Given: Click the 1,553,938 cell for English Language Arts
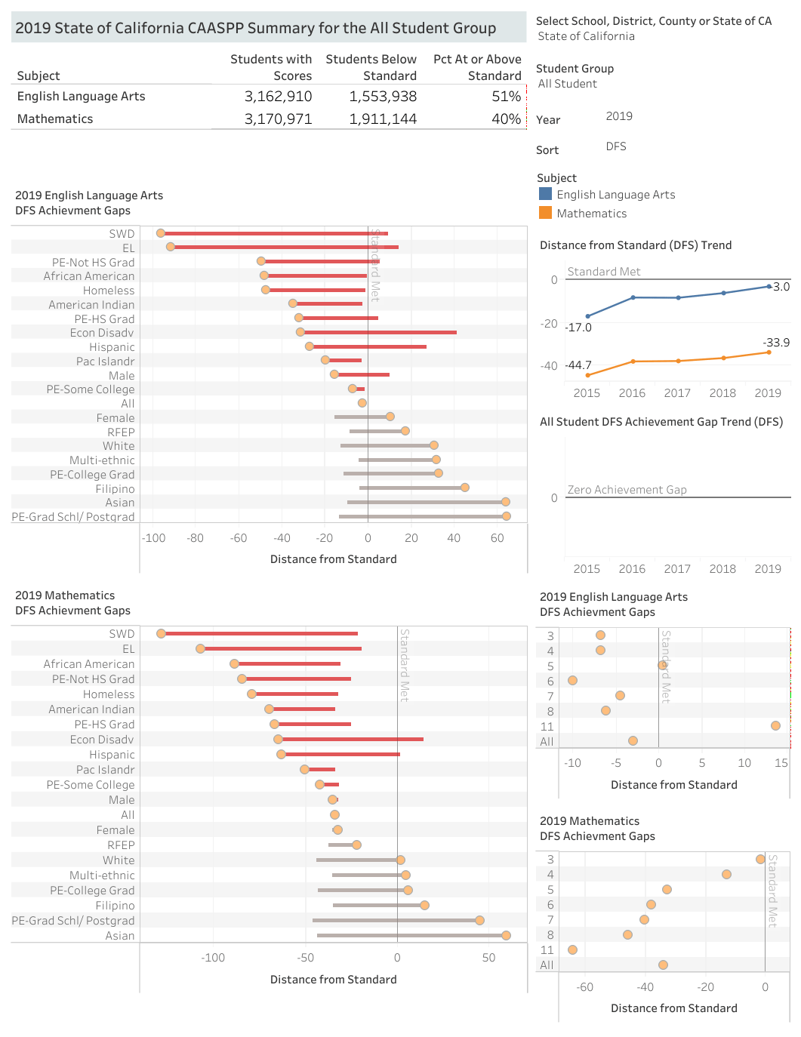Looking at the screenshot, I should [x=383, y=97].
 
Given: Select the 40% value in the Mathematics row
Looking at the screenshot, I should [x=506, y=119].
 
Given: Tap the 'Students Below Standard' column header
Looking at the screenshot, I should [x=371, y=67].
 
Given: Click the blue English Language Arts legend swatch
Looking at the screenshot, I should [x=545, y=194].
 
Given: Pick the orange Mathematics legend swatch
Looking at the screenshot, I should [x=545, y=213].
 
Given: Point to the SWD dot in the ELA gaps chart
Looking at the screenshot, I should [x=161, y=233].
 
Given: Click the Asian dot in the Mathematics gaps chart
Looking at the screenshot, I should [x=506, y=935].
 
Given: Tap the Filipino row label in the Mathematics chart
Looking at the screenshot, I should [x=115, y=906].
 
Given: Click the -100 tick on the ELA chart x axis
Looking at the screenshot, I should [x=153, y=538].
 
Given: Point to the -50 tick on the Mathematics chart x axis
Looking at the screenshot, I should [x=305, y=958].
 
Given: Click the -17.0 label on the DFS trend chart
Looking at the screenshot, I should [x=579, y=328].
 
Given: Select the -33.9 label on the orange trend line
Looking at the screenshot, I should [x=776, y=343].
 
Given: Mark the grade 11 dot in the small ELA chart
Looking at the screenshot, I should [x=775, y=725].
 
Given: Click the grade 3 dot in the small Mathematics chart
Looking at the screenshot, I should [x=760, y=859].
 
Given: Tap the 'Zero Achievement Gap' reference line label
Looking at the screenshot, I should [x=627, y=490].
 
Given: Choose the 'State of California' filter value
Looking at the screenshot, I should [x=586, y=36].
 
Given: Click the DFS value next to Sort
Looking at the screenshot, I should [x=616, y=146].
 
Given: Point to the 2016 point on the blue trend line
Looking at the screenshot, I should [x=633, y=297].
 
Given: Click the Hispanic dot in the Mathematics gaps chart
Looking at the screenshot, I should [x=282, y=754].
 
